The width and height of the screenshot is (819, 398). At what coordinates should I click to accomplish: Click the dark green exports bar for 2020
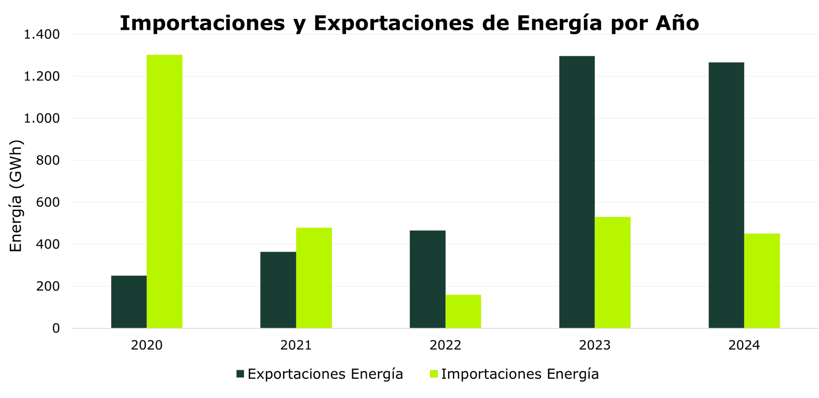(129, 302)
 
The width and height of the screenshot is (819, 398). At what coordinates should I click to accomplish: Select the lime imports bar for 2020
(164, 191)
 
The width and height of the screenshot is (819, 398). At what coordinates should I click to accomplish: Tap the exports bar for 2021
(278, 290)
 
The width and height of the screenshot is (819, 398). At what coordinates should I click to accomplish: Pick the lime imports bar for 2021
(314, 278)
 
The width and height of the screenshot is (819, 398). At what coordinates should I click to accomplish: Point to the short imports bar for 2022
(463, 311)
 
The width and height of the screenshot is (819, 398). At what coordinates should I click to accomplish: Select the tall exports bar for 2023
(577, 192)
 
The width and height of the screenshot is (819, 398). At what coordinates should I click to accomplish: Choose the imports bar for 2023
(613, 273)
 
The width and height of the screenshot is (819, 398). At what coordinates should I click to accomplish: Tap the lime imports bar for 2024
(762, 281)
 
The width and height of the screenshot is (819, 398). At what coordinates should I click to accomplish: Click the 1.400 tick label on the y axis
(42, 35)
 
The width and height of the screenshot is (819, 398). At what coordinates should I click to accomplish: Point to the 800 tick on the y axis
(48, 161)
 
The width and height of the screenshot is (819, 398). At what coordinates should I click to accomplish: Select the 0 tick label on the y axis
(56, 328)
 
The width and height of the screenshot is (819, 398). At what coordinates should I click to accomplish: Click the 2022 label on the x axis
(445, 345)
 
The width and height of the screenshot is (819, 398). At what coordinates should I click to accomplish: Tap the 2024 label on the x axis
(744, 345)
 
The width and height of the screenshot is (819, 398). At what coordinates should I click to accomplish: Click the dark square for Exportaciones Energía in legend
(240, 374)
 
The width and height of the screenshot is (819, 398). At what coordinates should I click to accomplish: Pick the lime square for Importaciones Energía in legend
(434, 374)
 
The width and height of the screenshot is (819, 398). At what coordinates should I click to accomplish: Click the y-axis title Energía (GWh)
(16, 196)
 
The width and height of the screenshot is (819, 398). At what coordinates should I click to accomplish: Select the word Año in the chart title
(677, 23)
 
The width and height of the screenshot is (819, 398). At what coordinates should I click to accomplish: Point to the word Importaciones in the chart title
(202, 23)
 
